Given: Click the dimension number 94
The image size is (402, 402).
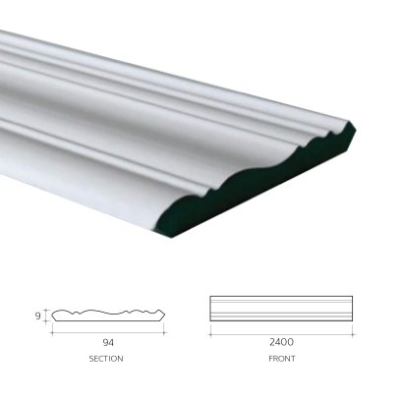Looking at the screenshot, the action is point(108,343).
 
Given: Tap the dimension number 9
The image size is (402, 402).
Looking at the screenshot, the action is point(38,316).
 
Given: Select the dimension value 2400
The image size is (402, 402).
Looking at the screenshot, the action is point(281,342).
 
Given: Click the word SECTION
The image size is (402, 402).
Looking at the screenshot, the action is point(106,359).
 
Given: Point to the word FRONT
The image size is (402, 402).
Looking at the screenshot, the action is point(282,359).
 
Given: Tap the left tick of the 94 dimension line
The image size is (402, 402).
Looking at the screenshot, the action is point(52,333).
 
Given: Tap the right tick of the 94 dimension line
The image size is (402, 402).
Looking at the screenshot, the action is point(164,333).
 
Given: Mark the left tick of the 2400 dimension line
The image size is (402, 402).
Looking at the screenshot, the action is point(210,335).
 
